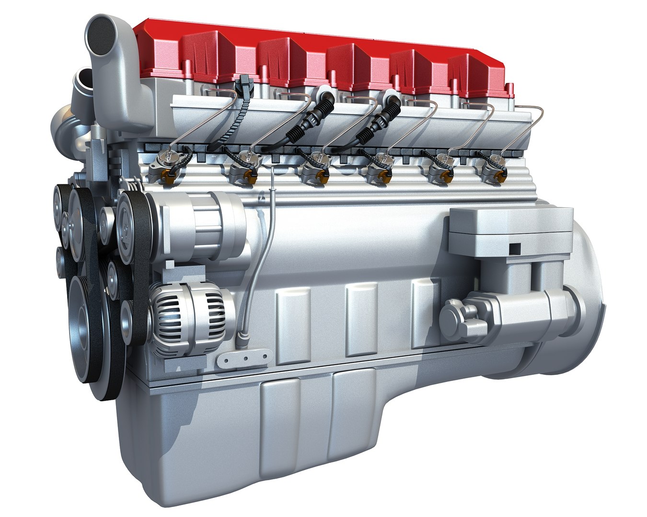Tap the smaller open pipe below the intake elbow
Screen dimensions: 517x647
(x=83, y=77)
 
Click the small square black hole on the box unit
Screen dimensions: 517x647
(x=514, y=248)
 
